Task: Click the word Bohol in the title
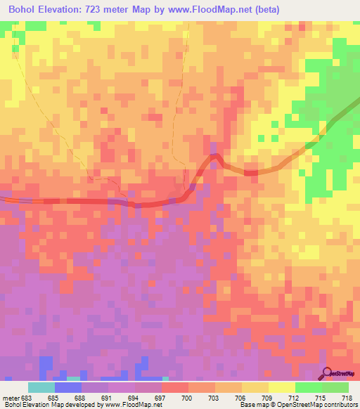(x=22, y=9)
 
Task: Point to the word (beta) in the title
(x=304, y=9)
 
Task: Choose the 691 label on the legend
(x=108, y=398)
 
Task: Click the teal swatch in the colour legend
(x=41, y=387)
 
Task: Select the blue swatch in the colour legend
(x=67, y=387)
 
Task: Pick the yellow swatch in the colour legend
(x=281, y=387)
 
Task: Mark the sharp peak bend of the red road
(x=215, y=155)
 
